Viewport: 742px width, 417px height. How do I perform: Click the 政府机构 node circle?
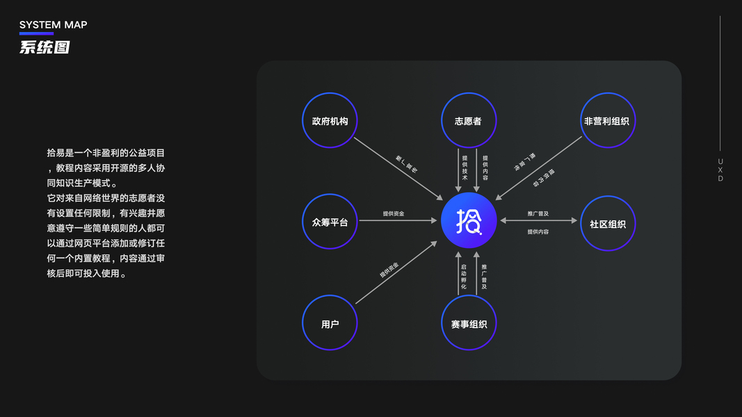tap(330, 120)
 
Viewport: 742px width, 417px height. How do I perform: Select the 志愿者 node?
tap(468, 120)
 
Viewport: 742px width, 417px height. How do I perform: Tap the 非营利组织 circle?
tap(607, 120)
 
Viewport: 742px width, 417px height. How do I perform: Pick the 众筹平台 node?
tap(330, 222)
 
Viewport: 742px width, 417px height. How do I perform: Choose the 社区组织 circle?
tap(607, 223)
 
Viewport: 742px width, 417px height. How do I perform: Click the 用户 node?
tap(330, 324)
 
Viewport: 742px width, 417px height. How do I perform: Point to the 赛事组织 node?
tap(468, 324)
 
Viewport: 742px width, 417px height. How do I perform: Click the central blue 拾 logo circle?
tap(468, 221)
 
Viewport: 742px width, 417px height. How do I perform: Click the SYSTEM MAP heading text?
tap(53, 25)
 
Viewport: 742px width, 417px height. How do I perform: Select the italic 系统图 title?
tap(45, 48)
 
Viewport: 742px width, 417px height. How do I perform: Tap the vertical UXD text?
tap(720, 170)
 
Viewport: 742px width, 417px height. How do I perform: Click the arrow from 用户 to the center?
tap(396, 272)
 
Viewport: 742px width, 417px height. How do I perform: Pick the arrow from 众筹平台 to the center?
tap(398, 221)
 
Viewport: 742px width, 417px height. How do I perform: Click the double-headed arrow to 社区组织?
tap(538, 221)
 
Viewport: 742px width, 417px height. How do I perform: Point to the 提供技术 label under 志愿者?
tap(465, 167)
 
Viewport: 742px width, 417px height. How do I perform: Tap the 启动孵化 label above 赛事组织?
tap(464, 277)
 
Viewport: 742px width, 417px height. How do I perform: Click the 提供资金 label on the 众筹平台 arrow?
tap(393, 213)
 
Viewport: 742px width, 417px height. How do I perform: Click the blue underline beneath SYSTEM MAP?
tap(36, 33)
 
